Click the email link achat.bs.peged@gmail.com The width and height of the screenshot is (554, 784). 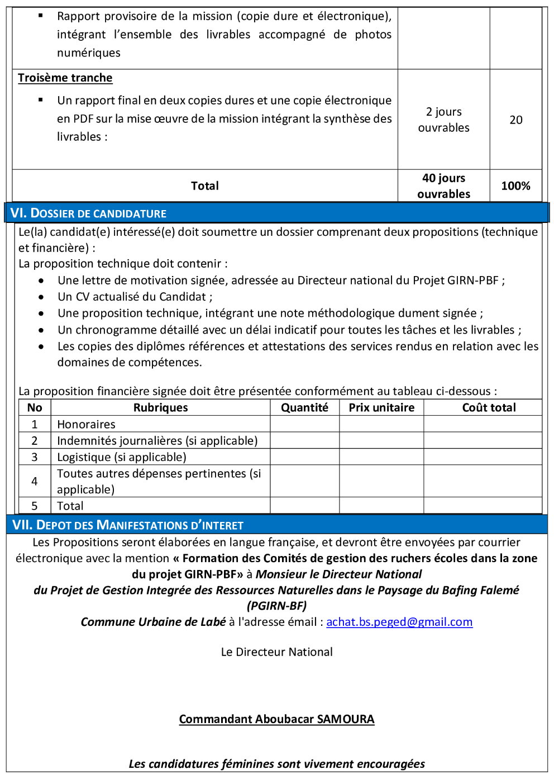pos(399,622)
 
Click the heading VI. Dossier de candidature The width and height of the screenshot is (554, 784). pos(88,213)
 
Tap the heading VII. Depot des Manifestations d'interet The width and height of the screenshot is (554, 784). pos(128,525)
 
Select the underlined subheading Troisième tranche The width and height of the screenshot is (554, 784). pos(65,78)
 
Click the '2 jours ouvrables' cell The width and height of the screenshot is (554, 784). pos(443,120)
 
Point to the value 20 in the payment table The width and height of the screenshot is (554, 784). pos(515,120)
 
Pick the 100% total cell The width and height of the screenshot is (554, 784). pos(515,186)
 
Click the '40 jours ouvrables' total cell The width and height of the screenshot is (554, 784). pos(443,186)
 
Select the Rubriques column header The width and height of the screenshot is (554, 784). pos(160,407)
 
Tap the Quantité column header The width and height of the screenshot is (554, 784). pos(304,407)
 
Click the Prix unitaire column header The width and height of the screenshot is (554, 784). pos(381,407)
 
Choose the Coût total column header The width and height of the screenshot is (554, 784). pos(489,407)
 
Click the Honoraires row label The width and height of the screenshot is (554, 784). pos(86,424)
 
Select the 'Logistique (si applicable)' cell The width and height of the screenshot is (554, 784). pos(122,457)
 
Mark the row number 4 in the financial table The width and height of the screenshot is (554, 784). pos(35,481)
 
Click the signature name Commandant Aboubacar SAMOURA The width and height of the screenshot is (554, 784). pos(276,719)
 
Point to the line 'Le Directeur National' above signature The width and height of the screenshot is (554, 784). pos(276,652)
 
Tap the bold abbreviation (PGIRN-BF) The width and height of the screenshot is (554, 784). pos(276,606)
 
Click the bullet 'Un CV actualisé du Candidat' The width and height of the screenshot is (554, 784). pos(135,297)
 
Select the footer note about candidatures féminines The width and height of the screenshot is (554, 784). pos(276,764)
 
